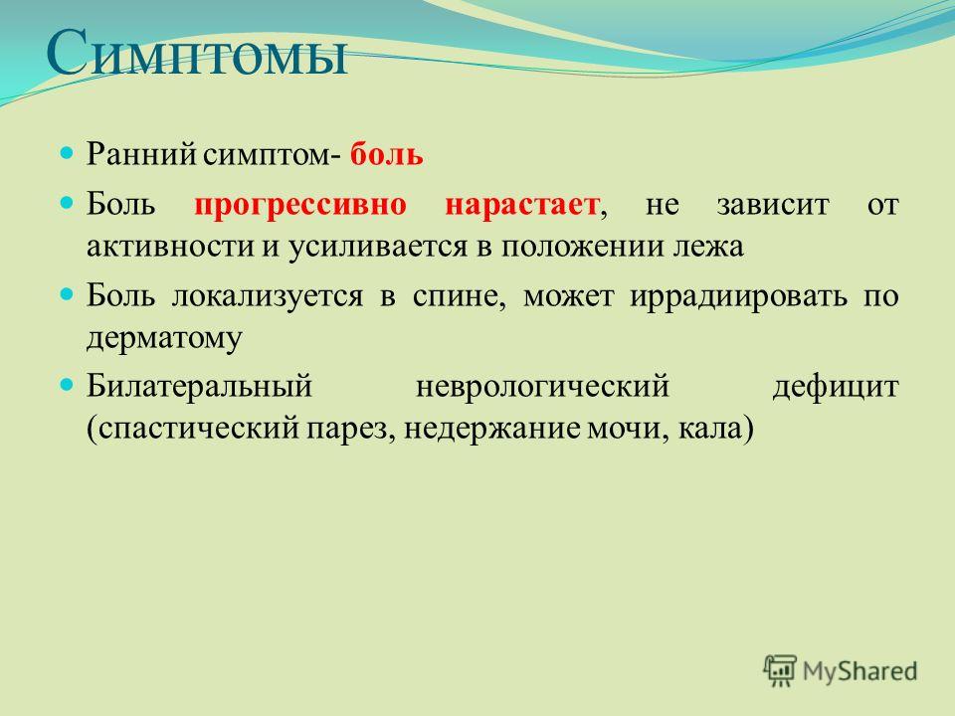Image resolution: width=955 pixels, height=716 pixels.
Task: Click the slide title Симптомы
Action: click(x=197, y=54)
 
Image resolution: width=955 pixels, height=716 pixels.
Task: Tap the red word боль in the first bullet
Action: click(x=386, y=154)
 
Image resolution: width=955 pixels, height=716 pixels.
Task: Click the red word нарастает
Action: click(x=522, y=205)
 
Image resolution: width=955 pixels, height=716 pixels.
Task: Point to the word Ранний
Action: click(x=141, y=153)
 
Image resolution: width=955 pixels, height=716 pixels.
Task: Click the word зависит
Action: click(x=773, y=205)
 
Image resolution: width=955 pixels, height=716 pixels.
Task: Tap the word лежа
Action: click(x=708, y=247)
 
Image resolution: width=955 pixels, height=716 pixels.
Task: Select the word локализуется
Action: click(x=268, y=296)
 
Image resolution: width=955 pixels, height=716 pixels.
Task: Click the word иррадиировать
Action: click(x=738, y=296)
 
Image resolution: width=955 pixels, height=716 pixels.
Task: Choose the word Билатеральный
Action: click(x=199, y=387)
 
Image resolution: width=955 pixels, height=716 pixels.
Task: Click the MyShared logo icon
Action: click(x=780, y=671)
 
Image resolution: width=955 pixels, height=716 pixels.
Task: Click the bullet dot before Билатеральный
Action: click(x=67, y=384)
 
